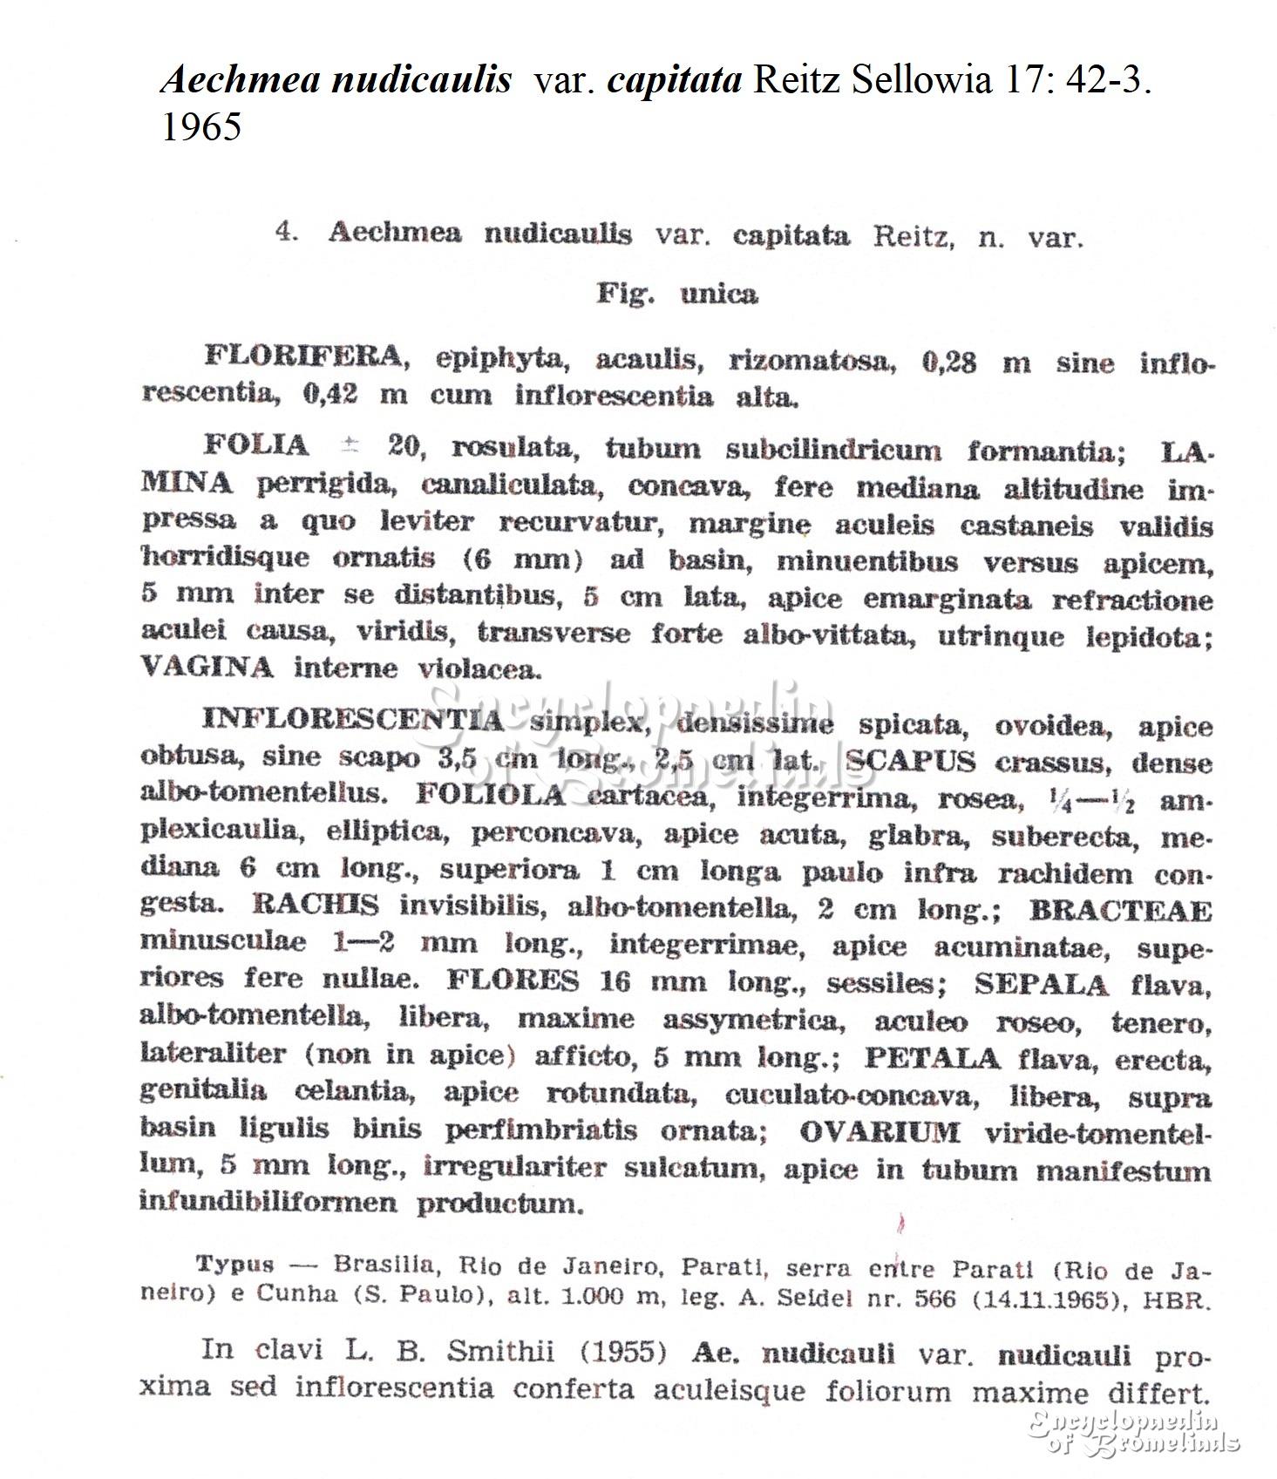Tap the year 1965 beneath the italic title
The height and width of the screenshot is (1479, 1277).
201,127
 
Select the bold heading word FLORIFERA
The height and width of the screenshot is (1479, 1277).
303,356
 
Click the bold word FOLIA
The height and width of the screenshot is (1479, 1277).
256,445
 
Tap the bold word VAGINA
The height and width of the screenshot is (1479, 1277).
207,668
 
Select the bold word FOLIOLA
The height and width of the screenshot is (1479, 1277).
491,795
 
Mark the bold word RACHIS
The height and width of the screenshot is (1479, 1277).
316,905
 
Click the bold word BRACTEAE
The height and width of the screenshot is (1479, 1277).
1120,911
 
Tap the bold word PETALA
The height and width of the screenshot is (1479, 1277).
932,1058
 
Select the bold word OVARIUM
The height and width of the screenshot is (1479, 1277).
880,1132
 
